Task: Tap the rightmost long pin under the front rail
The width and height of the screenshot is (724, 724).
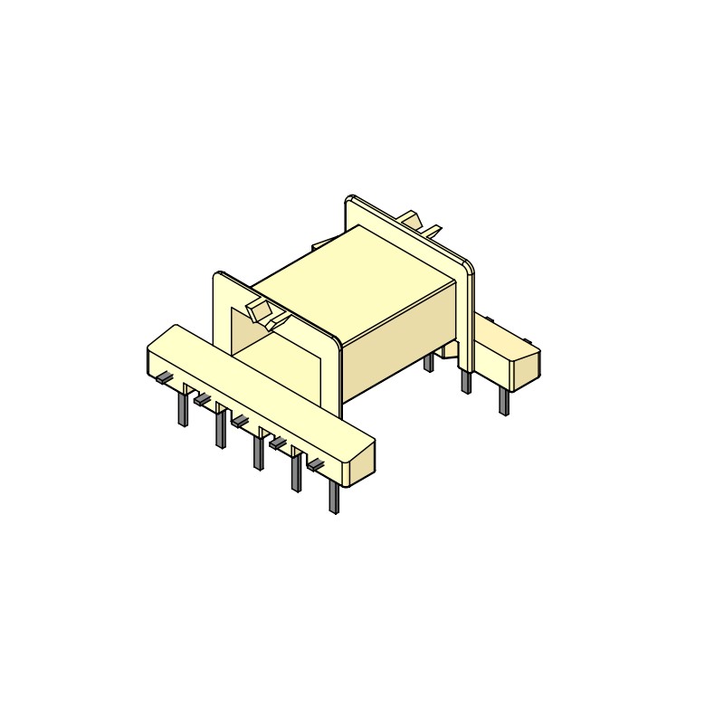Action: click(334, 497)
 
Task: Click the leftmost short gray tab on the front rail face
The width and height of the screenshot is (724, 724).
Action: click(164, 377)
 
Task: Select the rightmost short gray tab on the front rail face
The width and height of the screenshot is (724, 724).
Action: click(315, 465)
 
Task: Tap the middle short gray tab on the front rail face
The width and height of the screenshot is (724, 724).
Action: click(240, 421)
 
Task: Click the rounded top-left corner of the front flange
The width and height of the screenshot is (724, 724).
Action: click(219, 275)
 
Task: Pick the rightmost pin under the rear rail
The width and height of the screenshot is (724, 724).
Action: click(504, 401)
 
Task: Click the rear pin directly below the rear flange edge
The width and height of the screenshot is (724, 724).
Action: click(466, 381)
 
